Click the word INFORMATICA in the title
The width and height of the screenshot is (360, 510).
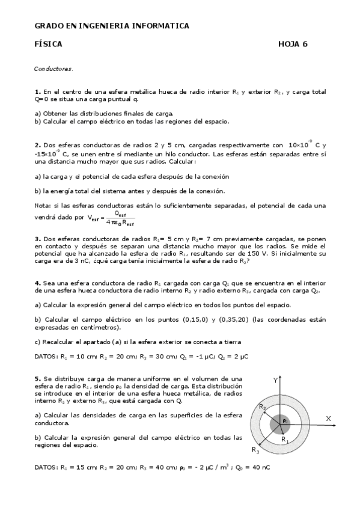162,26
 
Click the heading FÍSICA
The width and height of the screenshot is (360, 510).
48,44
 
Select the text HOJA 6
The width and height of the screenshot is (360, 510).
293,44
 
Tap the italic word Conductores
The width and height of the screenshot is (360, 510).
53,69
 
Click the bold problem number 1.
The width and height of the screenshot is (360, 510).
37,92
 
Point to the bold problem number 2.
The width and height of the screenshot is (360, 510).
37,145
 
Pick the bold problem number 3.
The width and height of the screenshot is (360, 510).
37,239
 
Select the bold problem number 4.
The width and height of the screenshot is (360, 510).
37,283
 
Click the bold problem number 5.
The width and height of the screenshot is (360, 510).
37,378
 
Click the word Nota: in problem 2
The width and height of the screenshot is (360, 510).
43,206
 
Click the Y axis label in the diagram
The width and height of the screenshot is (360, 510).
275,381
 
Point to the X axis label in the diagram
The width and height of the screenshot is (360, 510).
329,417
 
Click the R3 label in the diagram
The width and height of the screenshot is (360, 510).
255,449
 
